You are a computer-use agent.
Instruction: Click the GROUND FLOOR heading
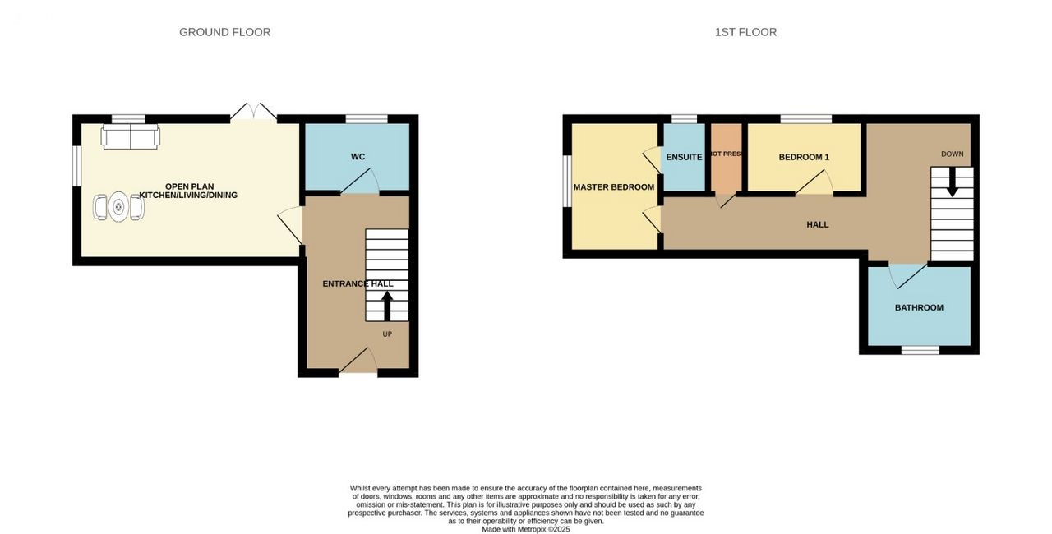[225, 32]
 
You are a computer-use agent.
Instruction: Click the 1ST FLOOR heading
[745, 32]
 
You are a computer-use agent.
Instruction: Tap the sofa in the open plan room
[131, 136]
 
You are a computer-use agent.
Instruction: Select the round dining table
[118, 206]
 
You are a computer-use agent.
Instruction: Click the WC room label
[358, 157]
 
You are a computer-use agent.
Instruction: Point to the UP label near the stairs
[387, 334]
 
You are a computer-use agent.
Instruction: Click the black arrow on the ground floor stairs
[387, 306]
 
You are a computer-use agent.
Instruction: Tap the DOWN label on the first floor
[953, 154]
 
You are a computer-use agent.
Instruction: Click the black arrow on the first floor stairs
[953, 182]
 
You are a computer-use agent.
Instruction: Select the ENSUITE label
[685, 157]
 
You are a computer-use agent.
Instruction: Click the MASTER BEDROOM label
[614, 187]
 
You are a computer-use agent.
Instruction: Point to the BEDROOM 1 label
[804, 157]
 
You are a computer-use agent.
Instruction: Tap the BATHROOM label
[919, 308]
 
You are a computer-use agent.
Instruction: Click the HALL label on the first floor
[818, 225]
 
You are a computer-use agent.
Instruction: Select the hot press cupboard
[726, 158]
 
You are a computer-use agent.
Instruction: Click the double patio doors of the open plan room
[254, 112]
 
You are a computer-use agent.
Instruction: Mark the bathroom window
[920, 350]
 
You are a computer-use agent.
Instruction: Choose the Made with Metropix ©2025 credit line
[526, 529]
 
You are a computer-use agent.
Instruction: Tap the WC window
[367, 119]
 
